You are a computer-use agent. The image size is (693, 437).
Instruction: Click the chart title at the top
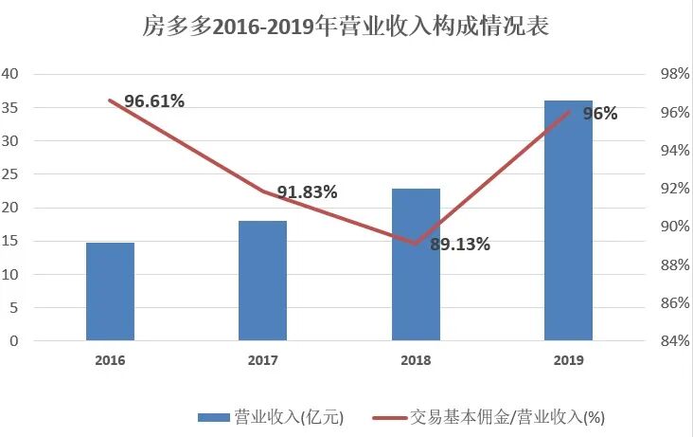pyautogui.click(x=346, y=27)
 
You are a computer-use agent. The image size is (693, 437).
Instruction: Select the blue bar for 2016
pyautogui.click(x=110, y=291)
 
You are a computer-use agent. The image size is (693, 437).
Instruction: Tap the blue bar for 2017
pyautogui.click(x=262, y=281)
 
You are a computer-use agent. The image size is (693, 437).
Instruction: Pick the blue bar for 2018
pyautogui.click(x=416, y=264)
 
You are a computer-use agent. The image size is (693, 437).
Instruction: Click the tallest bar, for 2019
pyautogui.click(x=568, y=220)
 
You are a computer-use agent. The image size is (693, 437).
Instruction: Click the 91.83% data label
pyautogui.click(x=306, y=192)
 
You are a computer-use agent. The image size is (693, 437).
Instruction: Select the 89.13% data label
pyautogui.click(x=460, y=245)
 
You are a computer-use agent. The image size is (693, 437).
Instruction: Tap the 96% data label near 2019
pyautogui.click(x=599, y=114)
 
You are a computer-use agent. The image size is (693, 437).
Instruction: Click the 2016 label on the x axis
pyautogui.click(x=110, y=360)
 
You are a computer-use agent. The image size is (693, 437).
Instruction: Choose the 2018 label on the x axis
pyautogui.click(x=416, y=360)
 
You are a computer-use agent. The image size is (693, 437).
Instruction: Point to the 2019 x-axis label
pyautogui.click(x=568, y=360)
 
